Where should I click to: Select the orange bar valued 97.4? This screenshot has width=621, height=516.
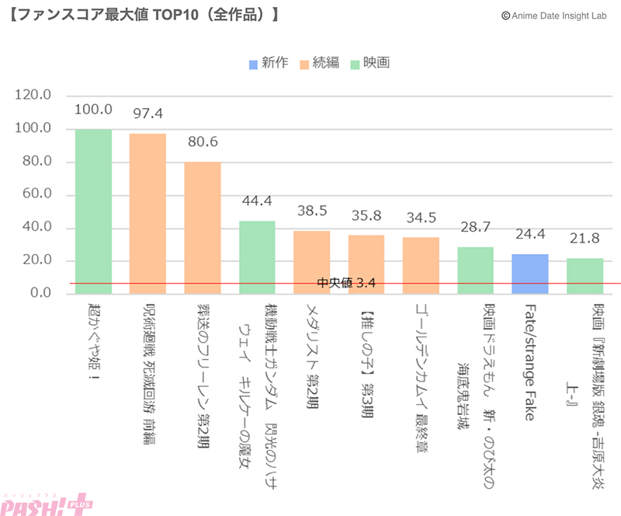click(147, 214)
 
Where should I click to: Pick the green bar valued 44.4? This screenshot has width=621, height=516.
click(257, 257)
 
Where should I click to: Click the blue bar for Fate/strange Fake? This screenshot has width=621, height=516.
click(530, 274)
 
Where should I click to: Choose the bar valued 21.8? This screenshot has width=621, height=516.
click(585, 276)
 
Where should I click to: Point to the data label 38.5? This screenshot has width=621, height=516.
click(312, 211)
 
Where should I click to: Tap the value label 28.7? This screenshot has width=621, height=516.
click(476, 228)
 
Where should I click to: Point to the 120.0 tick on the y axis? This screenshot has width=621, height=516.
click(33, 95)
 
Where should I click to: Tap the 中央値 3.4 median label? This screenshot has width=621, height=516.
click(347, 283)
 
